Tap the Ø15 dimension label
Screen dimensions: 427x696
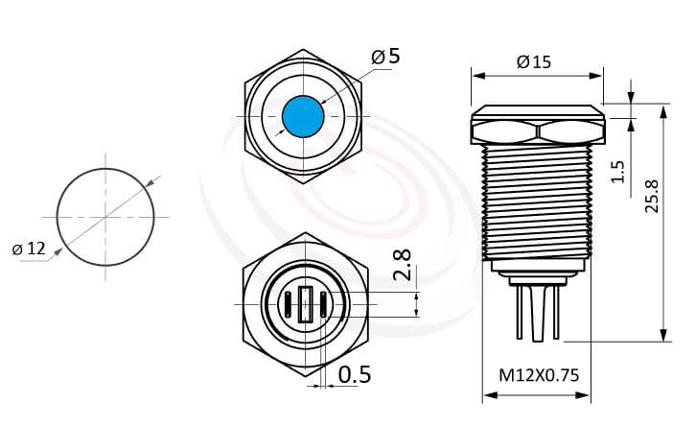click(x=533, y=62)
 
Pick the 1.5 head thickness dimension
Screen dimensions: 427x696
click(x=618, y=171)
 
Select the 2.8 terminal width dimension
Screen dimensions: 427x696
click(x=403, y=266)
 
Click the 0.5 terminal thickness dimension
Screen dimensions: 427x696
click(x=355, y=374)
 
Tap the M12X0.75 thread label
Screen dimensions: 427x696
click(x=539, y=376)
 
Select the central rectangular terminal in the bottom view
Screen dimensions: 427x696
click(x=304, y=304)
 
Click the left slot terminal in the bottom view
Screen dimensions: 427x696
click(x=285, y=304)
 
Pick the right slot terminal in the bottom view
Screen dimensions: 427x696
click(x=323, y=304)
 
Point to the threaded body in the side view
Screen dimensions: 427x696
click(x=536, y=202)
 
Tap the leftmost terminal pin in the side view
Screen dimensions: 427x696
click(x=519, y=312)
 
